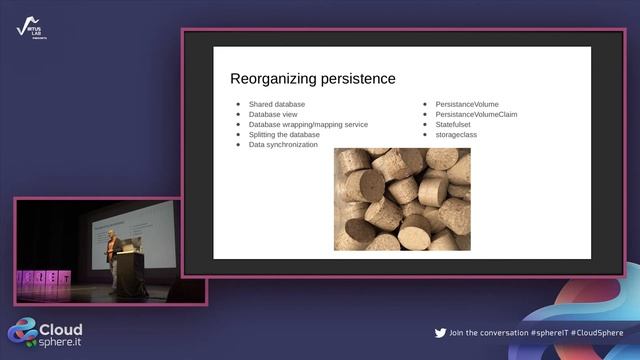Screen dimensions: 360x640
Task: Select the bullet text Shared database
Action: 277,104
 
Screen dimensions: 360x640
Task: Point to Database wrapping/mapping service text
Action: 308,124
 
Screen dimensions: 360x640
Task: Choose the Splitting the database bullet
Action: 284,134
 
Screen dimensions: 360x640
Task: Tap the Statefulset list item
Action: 456,124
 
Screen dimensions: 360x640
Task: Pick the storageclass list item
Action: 459,134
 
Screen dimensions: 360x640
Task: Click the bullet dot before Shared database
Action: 238,104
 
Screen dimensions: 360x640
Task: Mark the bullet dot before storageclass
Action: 425,134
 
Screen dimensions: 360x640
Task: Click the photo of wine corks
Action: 402,198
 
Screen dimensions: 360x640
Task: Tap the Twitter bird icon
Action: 440,333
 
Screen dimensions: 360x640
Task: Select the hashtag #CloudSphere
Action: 597,333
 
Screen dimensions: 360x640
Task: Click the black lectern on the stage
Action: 129,270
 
